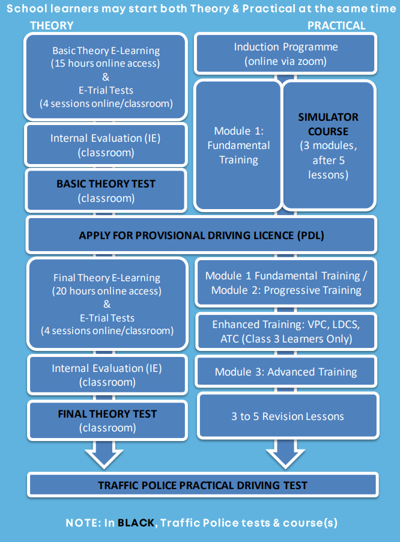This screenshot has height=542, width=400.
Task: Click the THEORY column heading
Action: click(x=52, y=25)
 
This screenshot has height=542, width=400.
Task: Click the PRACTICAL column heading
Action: click(x=336, y=25)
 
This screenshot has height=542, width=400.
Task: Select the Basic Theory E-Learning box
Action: click(x=106, y=76)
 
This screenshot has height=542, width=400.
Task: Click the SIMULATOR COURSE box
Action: click(x=328, y=145)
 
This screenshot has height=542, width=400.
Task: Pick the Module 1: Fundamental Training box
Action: click(x=238, y=145)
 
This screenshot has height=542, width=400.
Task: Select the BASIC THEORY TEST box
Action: click(x=106, y=190)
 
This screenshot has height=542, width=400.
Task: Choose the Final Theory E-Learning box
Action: click(x=107, y=303)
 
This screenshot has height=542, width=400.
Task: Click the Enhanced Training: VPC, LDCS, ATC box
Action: click(x=285, y=332)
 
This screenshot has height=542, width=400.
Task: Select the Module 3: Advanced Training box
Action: click(x=286, y=372)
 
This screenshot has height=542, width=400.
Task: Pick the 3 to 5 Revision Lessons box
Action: click(x=288, y=416)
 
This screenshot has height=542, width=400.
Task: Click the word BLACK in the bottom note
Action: click(x=136, y=523)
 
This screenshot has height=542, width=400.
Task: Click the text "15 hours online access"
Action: click(x=106, y=62)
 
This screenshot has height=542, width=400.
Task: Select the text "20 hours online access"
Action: click(x=107, y=291)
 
